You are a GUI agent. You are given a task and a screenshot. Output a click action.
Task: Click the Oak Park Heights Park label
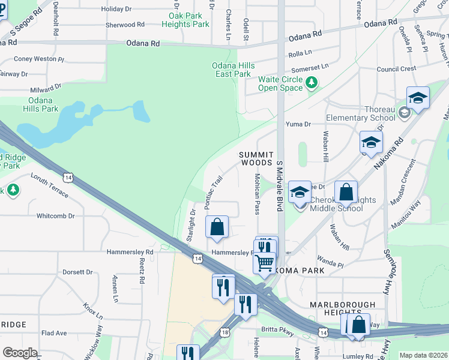[189, 20]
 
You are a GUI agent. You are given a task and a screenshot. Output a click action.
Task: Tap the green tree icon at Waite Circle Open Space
[312, 83]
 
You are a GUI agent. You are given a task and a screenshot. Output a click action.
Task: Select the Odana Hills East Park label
[233, 70]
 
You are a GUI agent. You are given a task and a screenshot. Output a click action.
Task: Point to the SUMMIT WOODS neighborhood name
[256, 158]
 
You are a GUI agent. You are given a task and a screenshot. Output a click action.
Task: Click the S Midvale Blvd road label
[279, 185]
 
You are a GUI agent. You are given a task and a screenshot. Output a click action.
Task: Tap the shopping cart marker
[264, 263]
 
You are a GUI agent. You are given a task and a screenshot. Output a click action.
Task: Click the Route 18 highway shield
[225, 332]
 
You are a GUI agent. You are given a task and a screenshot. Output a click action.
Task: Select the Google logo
[20, 353]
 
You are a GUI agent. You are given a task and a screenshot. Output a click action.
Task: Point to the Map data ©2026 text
[423, 355]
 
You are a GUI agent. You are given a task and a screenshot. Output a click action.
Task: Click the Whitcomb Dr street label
[55, 215]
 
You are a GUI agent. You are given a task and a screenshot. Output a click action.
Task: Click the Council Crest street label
[396, 69]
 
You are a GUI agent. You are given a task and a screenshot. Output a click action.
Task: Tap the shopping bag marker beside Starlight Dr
[217, 227]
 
